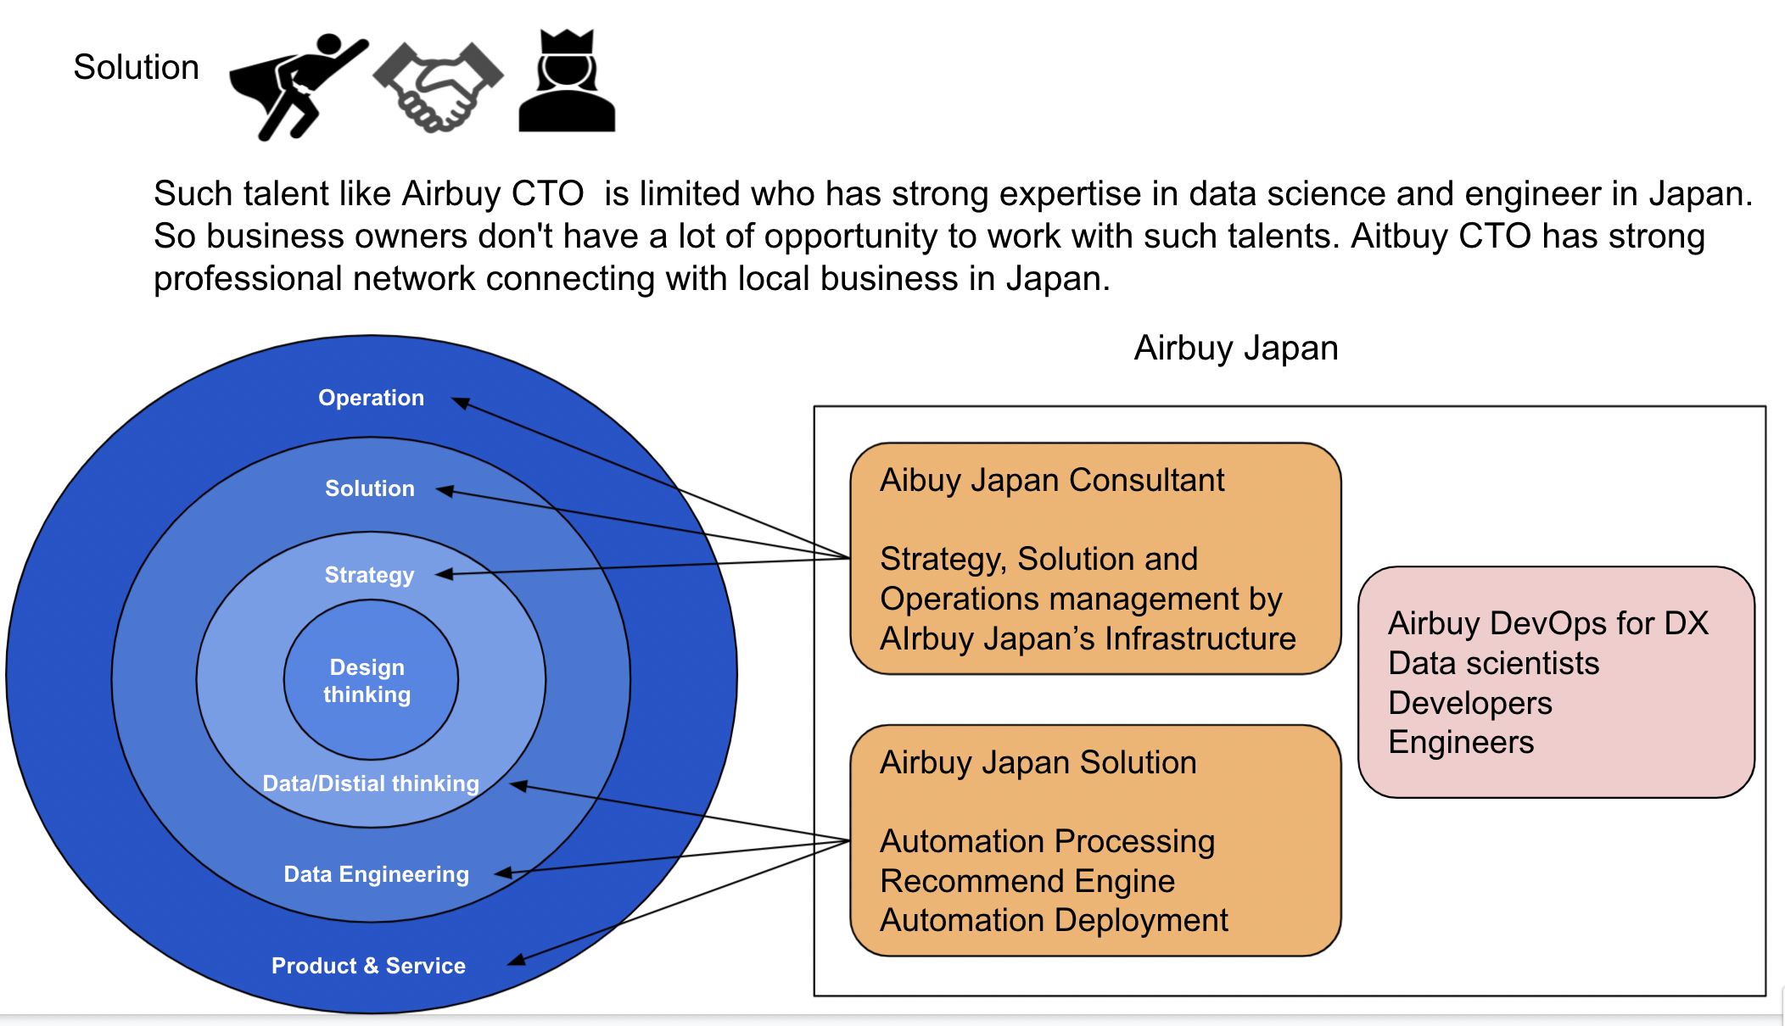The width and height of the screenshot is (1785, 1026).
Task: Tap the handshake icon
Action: point(439,86)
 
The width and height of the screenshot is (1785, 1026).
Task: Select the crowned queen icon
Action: point(567,82)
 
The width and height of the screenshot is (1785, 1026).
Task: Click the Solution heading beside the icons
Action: point(136,67)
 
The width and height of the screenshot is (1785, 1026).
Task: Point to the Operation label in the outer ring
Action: point(371,398)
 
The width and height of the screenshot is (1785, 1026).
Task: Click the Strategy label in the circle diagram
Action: point(369,575)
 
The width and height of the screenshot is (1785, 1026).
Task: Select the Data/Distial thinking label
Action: point(371,783)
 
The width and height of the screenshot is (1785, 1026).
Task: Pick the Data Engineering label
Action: point(376,874)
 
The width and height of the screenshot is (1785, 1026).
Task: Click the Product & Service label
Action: point(368,966)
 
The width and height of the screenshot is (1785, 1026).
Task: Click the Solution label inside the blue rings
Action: point(370,488)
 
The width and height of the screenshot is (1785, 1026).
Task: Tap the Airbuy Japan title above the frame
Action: point(1236,349)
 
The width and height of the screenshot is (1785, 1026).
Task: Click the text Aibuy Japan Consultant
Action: point(1052,481)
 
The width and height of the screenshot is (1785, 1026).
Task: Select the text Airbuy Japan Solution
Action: point(1038,762)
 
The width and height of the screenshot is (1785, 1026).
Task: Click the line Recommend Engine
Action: point(1027,881)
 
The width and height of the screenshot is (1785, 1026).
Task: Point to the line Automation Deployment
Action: point(1054,920)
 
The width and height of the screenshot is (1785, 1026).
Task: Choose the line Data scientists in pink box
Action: point(1493,663)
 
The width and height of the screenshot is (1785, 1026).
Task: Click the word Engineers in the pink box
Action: point(1461,742)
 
